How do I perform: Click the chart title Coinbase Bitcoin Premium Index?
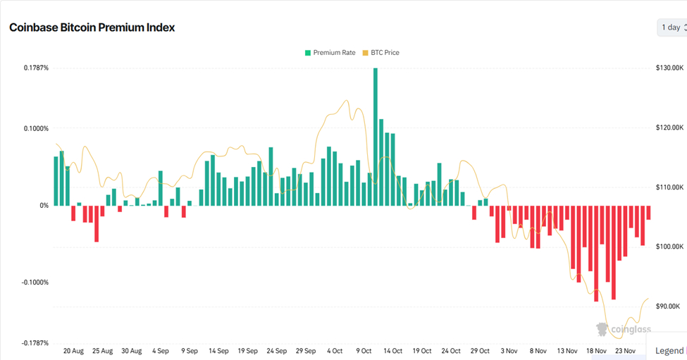[x=92, y=27]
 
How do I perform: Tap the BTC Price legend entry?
[x=380, y=53]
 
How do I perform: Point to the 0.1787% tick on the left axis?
[x=35, y=68]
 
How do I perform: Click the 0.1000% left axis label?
[x=35, y=129]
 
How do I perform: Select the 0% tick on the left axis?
[x=43, y=206]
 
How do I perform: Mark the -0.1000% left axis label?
[x=34, y=283]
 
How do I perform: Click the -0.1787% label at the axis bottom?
[x=34, y=343]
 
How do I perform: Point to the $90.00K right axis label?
[x=668, y=306]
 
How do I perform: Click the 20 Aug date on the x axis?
[x=73, y=351]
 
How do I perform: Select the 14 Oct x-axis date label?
[x=392, y=351]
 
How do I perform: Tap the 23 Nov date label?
[x=625, y=351]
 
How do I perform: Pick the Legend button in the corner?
[x=669, y=351]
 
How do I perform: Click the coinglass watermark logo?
[x=624, y=329]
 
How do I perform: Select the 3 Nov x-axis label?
[x=509, y=351]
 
